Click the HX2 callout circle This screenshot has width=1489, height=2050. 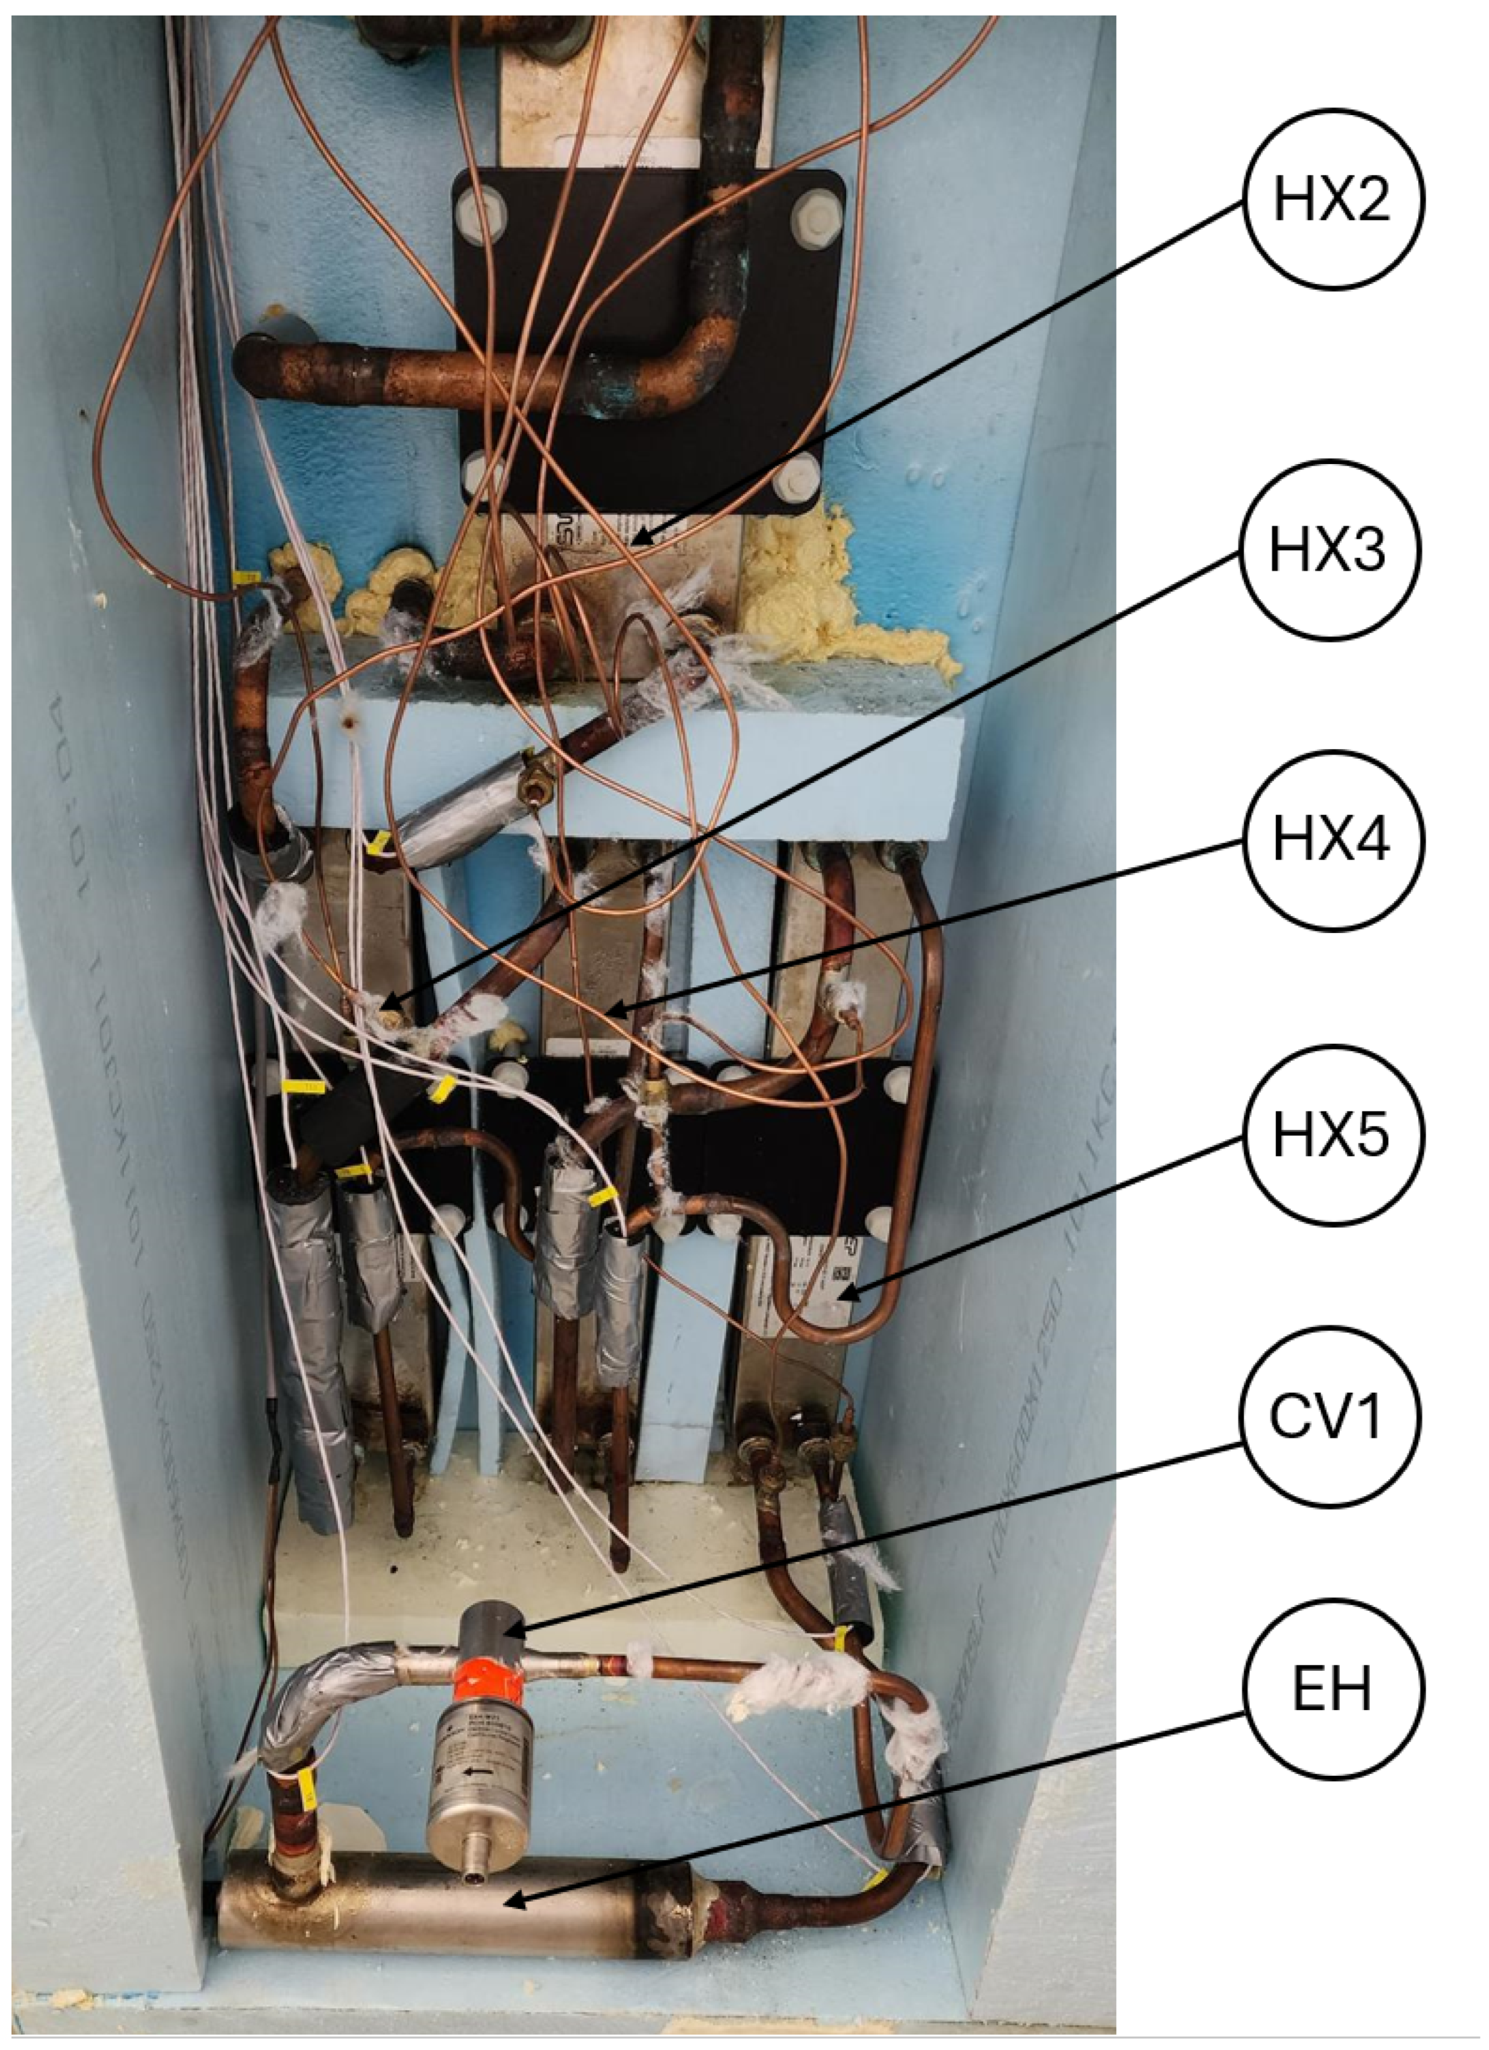point(1333,200)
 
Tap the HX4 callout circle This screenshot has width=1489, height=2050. point(1333,839)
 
